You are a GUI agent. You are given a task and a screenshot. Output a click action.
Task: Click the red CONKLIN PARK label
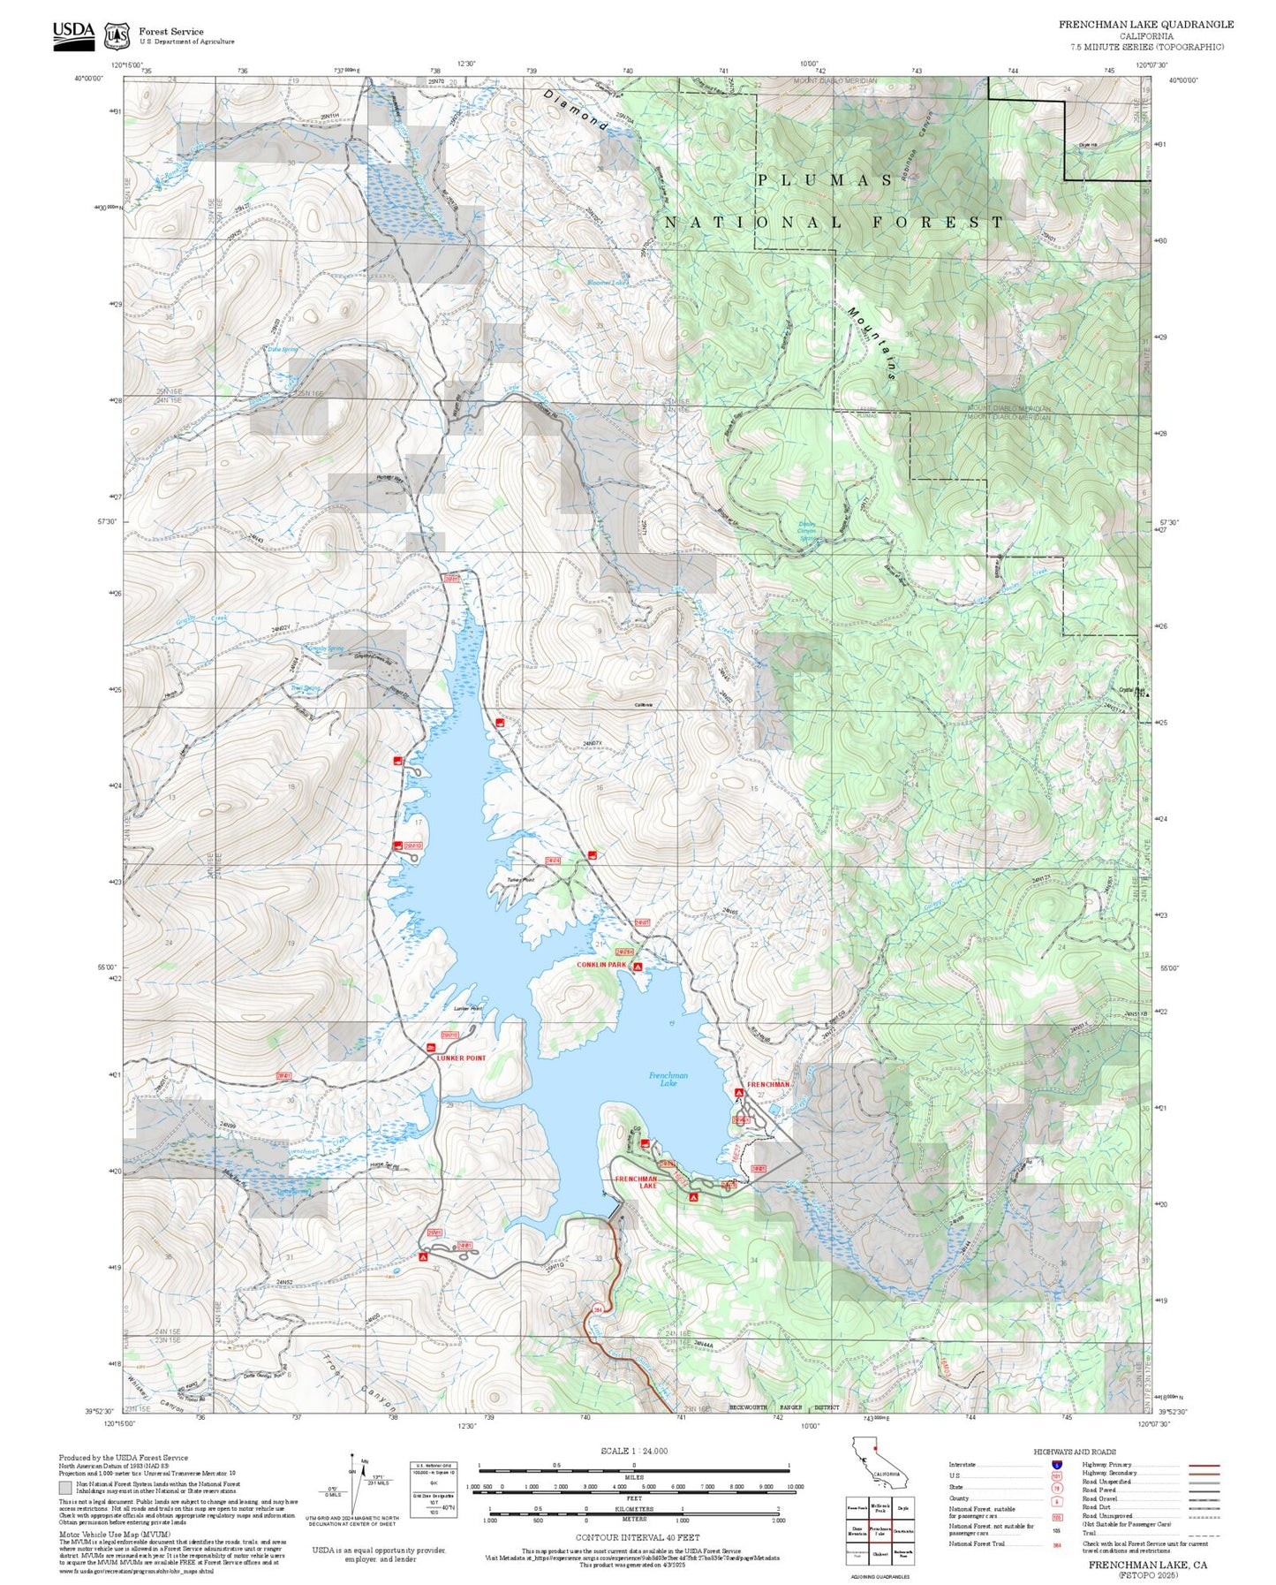(600, 965)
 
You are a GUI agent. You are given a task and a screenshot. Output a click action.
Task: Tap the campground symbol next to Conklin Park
(638, 968)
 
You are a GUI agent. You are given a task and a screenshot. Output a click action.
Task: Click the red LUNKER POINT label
(461, 1058)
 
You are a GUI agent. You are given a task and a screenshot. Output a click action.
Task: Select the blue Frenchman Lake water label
(668, 1078)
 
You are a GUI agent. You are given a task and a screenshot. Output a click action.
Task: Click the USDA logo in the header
(73, 34)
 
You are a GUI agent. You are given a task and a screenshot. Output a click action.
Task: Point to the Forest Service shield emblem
(117, 36)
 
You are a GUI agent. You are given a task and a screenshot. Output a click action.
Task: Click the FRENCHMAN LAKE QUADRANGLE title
(1146, 25)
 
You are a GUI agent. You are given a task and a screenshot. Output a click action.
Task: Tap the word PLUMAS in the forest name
(825, 180)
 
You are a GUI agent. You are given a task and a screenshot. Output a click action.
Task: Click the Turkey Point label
(521, 880)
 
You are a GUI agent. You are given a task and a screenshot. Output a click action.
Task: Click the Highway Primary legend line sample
(1204, 1465)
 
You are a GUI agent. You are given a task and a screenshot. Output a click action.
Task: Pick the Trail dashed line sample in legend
(1204, 1533)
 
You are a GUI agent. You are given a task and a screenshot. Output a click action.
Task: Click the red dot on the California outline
(875, 1449)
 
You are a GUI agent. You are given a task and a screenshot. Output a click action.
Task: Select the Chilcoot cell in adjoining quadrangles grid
(880, 1553)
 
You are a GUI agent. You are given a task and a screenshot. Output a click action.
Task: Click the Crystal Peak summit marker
(1147, 694)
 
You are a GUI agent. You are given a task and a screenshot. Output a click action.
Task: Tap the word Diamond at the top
(575, 110)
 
